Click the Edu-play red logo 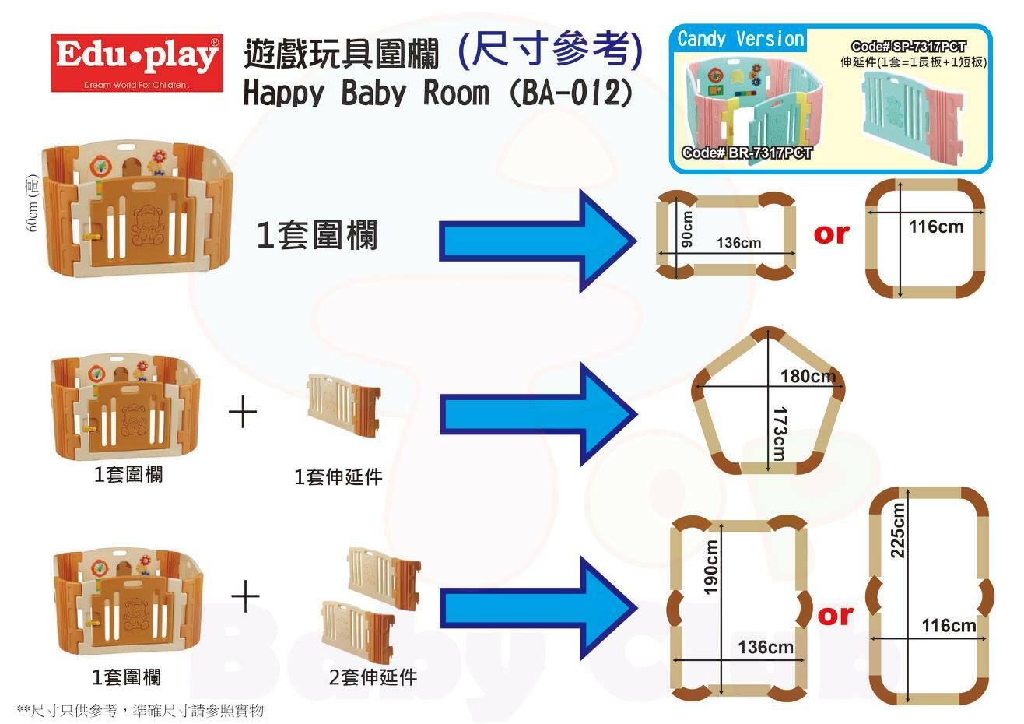coord(136,63)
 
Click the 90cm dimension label coord(686,229)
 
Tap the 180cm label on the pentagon coord(808,377)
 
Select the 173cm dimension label coord(780,431)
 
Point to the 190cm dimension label coord(710,568)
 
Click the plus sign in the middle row coord(243,412)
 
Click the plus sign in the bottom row coord(245,599)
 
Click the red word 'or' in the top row coord(831,233)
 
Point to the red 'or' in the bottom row coord(836,615)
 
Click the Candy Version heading coord(740,39)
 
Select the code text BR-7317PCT coord(746,153)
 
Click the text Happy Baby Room coord(366,93)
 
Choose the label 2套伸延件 coord(373,677)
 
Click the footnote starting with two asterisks coord(140,710)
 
